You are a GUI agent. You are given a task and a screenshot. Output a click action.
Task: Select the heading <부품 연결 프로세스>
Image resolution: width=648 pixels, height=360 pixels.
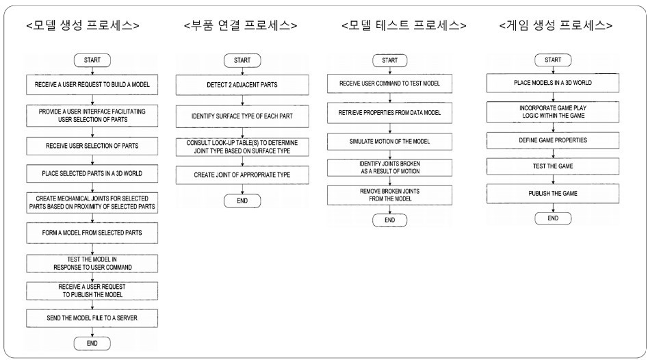pyautogui.click(x=241, y=25)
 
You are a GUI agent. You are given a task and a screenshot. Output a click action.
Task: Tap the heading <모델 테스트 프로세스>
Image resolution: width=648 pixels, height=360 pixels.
pyautogui.click(x=404, y=25)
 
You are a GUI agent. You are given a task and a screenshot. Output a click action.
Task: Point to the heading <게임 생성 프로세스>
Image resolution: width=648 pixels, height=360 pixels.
pyautogui.click(x=556, y=25)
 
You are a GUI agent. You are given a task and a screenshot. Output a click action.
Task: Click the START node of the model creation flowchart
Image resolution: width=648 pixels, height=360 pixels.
pyautogui.click(x=92, y=60)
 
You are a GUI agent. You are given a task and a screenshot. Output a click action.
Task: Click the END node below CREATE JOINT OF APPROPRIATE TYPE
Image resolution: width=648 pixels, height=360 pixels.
pyautogui.click(x=242, y=201)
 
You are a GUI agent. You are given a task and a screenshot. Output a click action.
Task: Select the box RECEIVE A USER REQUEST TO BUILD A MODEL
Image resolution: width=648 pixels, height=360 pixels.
pyautogui.click(x=92, y=85)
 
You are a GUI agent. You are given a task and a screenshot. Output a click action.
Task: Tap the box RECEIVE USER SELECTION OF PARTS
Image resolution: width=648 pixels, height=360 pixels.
pyautogui.click(x=92, y=144)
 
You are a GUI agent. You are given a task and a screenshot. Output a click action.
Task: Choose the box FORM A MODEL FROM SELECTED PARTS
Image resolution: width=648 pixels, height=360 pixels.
pyautogui.click(x=92, y=232)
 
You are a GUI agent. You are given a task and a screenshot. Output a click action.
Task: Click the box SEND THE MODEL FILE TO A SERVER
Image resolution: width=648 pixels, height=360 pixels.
pyautogui.click(x=92, y=318)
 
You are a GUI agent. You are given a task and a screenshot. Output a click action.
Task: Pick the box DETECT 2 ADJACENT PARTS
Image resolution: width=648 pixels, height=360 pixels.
pyautogui.click(x=242, y=85)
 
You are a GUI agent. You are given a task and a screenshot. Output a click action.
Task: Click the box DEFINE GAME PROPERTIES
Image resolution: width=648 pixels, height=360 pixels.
pyautogui.click(x=552, y=139)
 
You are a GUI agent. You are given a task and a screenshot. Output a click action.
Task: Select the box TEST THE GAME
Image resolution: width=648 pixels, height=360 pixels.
pyautogui.click(x=552, y=166)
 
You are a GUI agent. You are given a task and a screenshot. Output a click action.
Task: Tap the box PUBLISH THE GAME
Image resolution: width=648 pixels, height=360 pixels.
pyautogui.click(x=552, y=193)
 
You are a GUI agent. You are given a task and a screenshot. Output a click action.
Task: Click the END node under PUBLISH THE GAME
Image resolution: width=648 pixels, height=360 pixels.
pyautogui.click(x=552, y=218)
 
